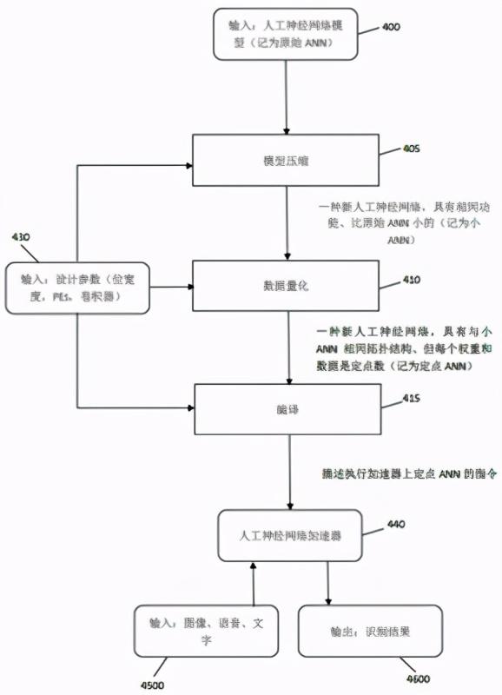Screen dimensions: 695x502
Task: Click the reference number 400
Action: click(x=391, y=27)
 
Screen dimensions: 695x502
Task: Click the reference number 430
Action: click(x=20, y=236)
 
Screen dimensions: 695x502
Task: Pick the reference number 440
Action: click(x=396, y=524)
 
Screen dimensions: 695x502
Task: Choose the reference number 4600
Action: click(x=416, y=678)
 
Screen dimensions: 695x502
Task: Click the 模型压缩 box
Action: click(x=287, y=160)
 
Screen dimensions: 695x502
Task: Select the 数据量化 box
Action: click(x=287, y=286)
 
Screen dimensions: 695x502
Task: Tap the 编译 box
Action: click(x=287, y=409)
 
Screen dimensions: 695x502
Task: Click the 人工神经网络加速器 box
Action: click(x=290, y=536)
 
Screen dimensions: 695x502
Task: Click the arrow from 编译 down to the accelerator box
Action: click(x=290, y=473)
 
